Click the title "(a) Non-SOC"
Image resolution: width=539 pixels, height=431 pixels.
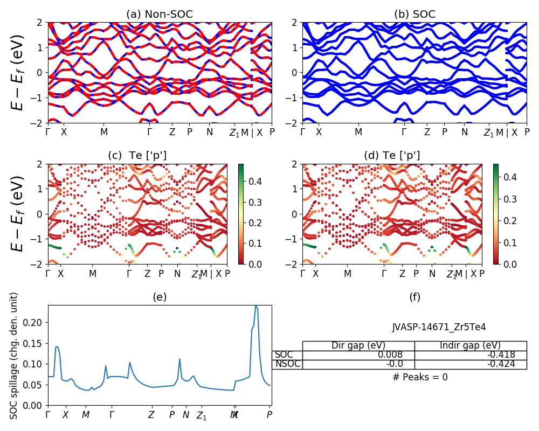click(x=160, y=15)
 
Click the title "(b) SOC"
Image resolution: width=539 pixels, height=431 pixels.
click(x=414, y=15)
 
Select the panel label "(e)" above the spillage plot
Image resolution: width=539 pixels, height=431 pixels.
click(x=160, y=297)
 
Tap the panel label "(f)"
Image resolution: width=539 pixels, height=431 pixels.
click(x=414, y=297)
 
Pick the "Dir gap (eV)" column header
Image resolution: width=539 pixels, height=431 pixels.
click(x=358, y=346)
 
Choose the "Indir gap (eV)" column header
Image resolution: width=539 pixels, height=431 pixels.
click(x=471, y=346)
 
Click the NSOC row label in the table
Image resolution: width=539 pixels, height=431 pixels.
click(x=287, y=364)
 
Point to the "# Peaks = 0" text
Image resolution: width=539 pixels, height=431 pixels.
click(x=420, y=377)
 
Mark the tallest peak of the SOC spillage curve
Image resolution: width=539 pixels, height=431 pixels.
click(x=256, y=306)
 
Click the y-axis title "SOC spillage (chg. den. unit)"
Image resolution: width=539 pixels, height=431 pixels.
click(x=15, y=356)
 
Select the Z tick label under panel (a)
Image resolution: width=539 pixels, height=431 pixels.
click(x=172, y=132)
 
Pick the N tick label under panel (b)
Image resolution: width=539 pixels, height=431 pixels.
click(x=465, y=132)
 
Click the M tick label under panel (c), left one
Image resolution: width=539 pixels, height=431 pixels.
click(x=93, y=274)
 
